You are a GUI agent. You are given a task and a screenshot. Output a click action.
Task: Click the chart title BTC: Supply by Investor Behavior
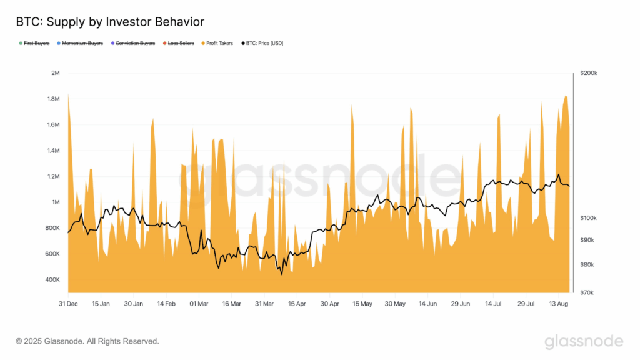(x=109, y=22)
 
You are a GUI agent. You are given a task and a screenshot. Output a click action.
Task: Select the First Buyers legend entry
(x=36, y=43)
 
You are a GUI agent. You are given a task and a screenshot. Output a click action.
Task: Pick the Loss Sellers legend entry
(x=180, y=43)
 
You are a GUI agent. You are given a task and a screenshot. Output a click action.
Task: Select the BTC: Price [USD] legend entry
(x=265, y=43)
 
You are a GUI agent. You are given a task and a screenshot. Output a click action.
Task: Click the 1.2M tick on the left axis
(x=52, y=176)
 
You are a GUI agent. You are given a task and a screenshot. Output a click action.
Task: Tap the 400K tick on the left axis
(x=51, y=279)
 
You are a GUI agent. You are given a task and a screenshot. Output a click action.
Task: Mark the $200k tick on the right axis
(x=589, y=73)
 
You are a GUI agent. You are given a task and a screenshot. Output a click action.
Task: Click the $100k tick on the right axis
(x=589, y=218)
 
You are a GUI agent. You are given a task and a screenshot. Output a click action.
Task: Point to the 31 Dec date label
(x=68, y=304)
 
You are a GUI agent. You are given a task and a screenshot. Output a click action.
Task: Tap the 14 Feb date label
(x=166, y=304)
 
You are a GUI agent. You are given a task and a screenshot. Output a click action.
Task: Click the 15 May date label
(x=362, y=304)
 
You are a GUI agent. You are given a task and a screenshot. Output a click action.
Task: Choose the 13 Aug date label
(x=558, y=304)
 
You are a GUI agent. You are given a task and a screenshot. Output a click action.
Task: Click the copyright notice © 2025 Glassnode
(x=87, y=341)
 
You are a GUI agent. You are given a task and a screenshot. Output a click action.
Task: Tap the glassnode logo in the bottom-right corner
(x=583, y=341)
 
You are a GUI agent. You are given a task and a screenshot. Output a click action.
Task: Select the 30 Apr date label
(x=329, y=304)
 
